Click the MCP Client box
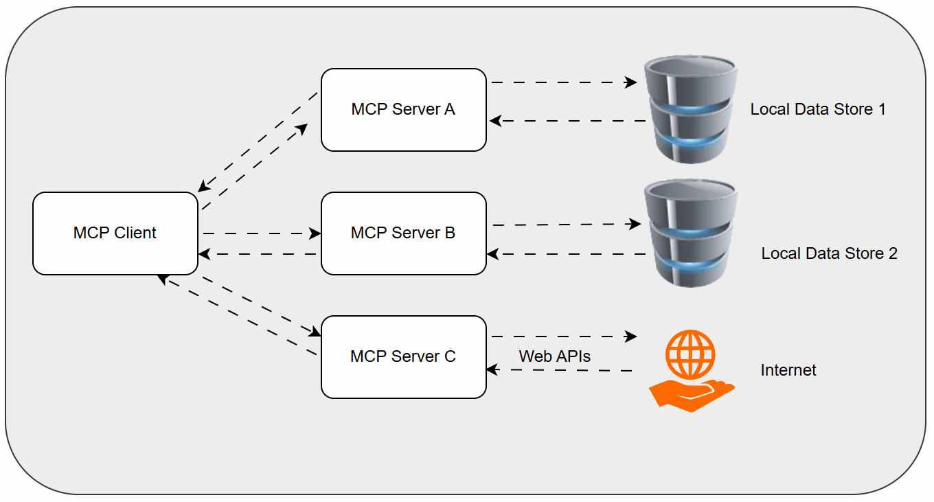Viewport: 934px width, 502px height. pos(115,233)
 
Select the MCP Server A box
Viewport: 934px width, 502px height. pos(404,110)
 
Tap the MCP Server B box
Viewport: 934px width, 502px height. pos(404,233)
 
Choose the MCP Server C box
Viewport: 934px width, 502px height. pos(404,357)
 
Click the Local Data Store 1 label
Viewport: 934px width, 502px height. pos(818,109)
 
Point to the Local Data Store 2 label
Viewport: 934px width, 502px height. pos(829,253)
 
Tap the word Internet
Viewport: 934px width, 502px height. pos(788,370)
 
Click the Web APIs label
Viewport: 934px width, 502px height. pos(555,356)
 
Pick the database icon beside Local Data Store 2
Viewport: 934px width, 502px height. pos(690,233)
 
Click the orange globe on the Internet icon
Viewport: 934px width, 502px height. pos(690,354)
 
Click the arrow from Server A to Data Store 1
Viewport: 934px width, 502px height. pos(563,82)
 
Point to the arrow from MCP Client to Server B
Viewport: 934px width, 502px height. pos(261,233)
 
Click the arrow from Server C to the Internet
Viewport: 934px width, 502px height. pos(563,336)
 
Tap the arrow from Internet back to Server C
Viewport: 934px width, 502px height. pos(559,370)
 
